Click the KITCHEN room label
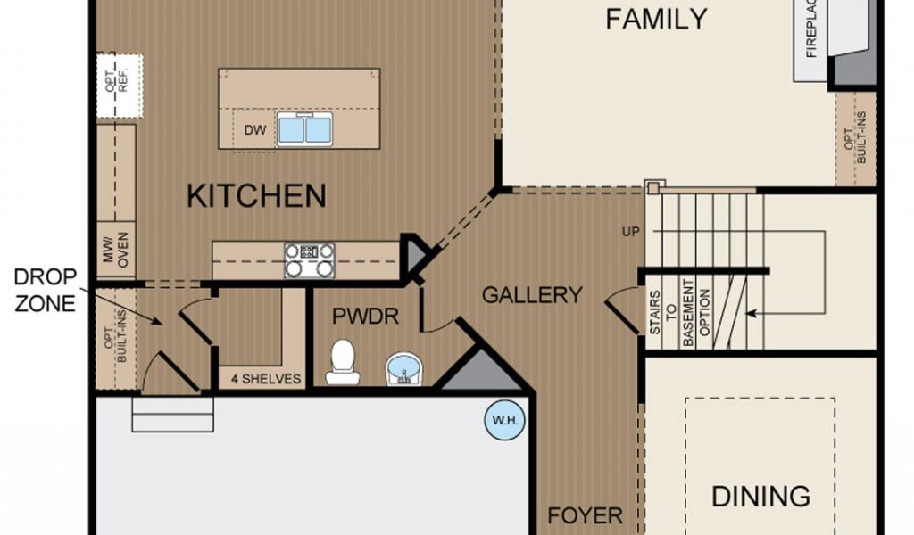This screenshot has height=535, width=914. click(x=256, y=195)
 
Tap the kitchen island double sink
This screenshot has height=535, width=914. click(x=304, y=129)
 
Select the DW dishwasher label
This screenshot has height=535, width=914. click(x=254, y=130)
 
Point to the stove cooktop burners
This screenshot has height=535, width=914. click(x=310, y=260)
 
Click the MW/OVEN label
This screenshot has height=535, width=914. click(x=115, y=250)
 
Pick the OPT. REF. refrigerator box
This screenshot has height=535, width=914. click(x=120, y=86)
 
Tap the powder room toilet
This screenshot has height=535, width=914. click(x=343, y=362)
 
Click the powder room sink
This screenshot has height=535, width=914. click(x=404, y=368)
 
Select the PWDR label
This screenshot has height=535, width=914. click(x=365, y=317)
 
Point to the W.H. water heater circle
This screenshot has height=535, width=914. click(x=505, y=420)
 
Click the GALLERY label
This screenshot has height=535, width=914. click(x=532, y=295)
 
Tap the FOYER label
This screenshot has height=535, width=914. click(x=586, y=515)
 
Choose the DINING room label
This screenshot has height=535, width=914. click(x=760, y=497)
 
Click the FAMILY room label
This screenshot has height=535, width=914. click(x=656, y=19)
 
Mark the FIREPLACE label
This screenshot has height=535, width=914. click(x=810, y=29)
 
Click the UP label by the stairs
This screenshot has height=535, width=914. click(x=631, y=232)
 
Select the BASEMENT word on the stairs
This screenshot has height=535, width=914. click(x=688, y=313)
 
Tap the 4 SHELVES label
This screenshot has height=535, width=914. click(x=266, y=379)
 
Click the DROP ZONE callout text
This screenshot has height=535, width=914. click(x=45, y=290)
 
